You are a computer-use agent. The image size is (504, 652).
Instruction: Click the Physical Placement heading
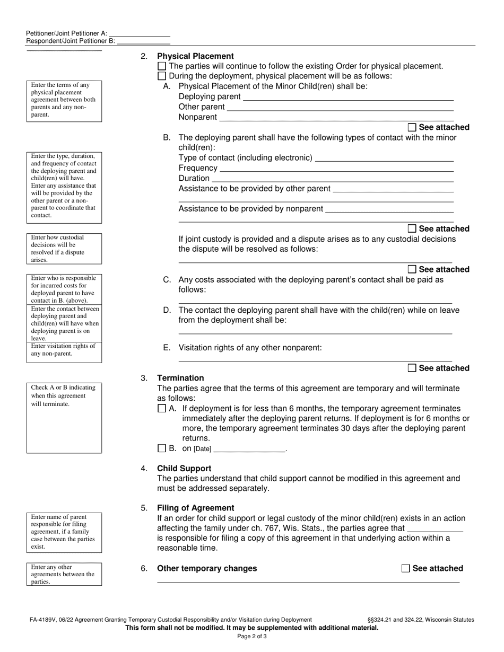[195, 56]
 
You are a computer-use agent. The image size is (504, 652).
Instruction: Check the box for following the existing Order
[162, 66]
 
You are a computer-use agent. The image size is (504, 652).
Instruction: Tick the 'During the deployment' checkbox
[162, 76]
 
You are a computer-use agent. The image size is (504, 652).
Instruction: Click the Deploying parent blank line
[347, 97]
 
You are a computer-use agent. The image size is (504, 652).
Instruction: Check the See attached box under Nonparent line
[412, 128]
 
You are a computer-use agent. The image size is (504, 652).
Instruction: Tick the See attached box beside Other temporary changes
[406, 569]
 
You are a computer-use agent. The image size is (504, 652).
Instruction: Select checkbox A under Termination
[162, 409]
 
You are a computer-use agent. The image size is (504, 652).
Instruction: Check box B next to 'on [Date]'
[162, 448]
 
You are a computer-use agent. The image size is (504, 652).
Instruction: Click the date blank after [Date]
[249, 449]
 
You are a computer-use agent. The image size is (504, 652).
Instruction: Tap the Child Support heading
[184, 469]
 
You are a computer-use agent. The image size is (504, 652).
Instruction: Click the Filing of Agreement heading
[195, 508]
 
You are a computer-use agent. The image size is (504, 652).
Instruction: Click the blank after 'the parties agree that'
[434, 528]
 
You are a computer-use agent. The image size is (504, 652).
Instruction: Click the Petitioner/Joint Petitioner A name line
[139, 33]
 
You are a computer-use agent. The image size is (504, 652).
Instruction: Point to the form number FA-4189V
[45, 620]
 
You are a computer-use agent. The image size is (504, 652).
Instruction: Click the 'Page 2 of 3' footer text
[252, 636]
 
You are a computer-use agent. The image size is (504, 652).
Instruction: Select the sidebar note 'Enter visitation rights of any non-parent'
[64, 350]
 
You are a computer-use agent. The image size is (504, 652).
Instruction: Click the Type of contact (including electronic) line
[384, 158]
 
